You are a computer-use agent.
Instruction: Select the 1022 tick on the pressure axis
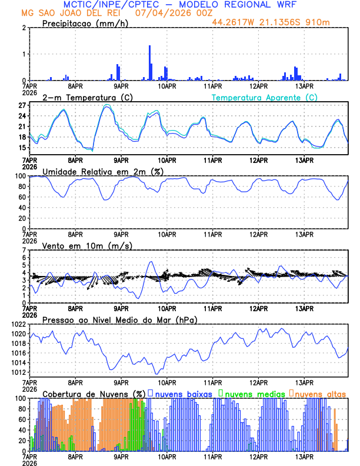(x=18, y=324)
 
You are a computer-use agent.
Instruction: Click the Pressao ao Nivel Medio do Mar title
(x=120, y=319)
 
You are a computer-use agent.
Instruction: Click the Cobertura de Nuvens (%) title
(x=94, y=393)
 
